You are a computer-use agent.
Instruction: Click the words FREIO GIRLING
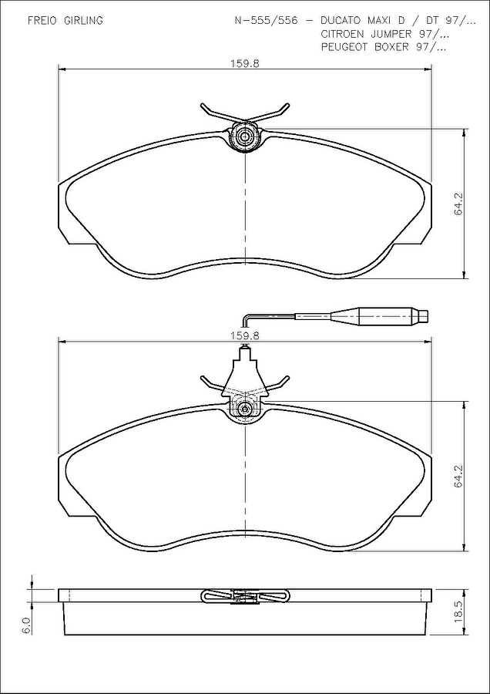(65, 21)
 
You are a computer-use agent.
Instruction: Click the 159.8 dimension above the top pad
(244, 63)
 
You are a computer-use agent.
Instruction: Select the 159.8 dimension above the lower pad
(244, 336)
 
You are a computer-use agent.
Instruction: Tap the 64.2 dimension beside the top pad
(458, 204)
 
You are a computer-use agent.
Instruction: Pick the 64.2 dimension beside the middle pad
(458, 477)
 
